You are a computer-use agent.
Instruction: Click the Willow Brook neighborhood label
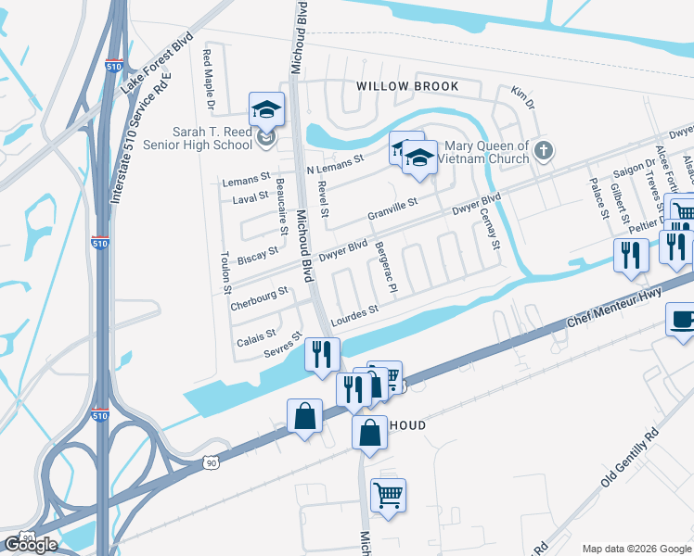point(408,86)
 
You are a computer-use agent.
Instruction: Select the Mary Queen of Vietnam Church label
point(487,152)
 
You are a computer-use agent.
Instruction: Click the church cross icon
point(546,150)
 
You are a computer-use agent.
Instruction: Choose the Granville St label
point(393,207)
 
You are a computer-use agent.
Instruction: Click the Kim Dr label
point(523,97)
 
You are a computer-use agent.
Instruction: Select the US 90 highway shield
point(212,461)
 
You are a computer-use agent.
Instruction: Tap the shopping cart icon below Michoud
point(388,494)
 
